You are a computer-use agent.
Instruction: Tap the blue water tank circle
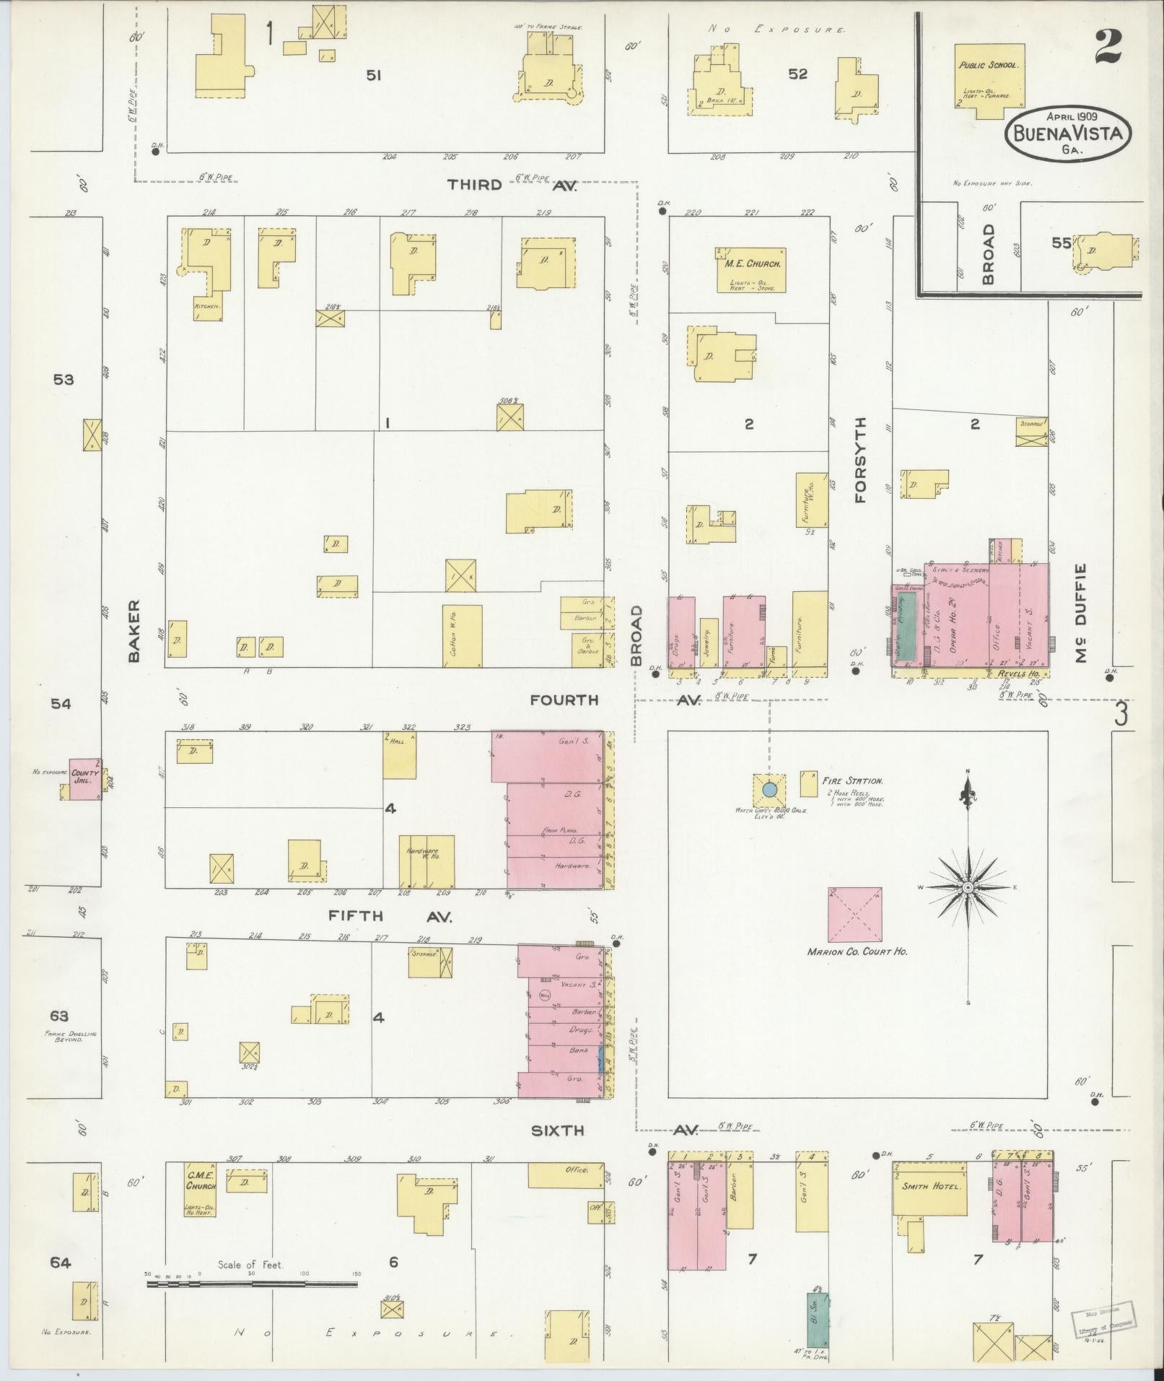tap(769, 790)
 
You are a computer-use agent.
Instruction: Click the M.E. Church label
tap(750, 263)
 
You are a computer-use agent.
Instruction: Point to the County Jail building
tap(84, 778)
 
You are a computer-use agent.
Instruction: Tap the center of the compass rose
tap(968, 886)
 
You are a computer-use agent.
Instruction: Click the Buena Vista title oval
tap(1068, 134)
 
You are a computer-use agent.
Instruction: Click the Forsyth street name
tap(859, 460)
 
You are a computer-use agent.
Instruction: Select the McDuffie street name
tap(1080, 613)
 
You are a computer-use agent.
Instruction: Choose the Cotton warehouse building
tap(462, 635)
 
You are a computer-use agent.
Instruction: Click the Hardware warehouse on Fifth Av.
tap(426, 861)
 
